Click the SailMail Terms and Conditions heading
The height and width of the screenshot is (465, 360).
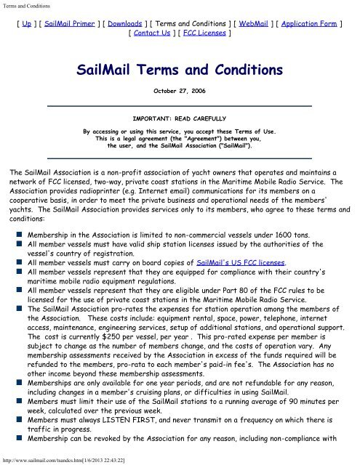pos(179,70)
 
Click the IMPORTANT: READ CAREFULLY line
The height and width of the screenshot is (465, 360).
pos(179,116)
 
